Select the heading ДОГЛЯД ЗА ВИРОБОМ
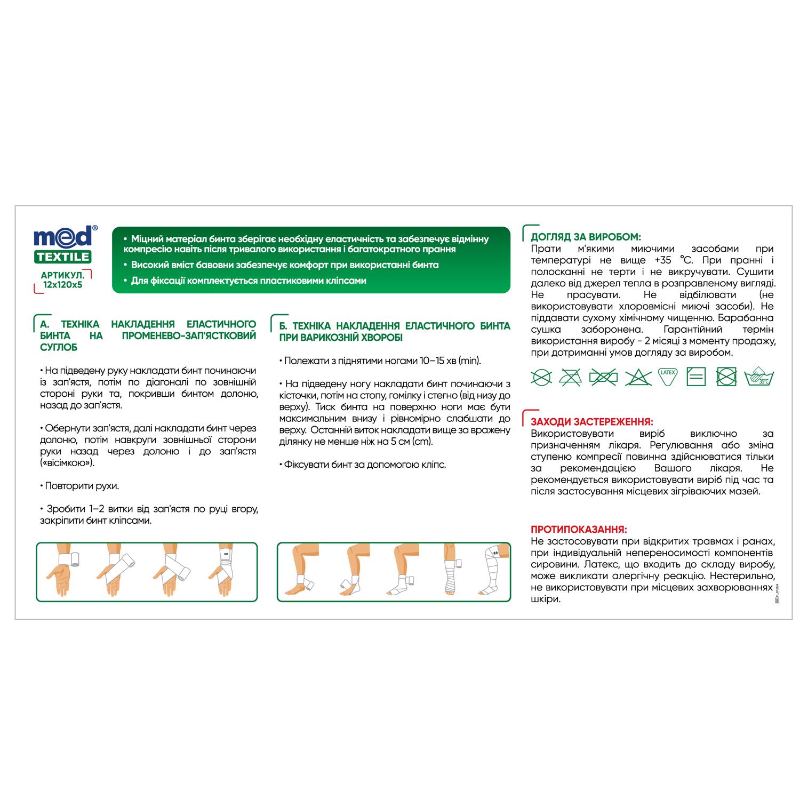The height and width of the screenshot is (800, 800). point(586,237)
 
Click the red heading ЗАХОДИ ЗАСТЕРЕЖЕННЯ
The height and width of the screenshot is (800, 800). point(591,422)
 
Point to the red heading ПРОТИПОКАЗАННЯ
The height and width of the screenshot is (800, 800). point(579,530)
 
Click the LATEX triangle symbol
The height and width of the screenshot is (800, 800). point(667,376)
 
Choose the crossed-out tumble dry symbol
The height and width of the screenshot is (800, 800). point(726,377)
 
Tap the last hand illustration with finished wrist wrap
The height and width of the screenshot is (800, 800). point(226,571)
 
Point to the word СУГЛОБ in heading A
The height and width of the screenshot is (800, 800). point(59,347)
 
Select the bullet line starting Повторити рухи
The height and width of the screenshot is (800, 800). point(80,486)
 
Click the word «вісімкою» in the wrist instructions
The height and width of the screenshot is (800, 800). point(67,463)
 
